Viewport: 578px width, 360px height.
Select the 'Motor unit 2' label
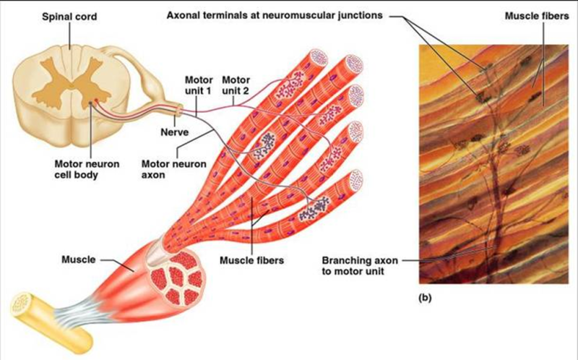click(236, 85)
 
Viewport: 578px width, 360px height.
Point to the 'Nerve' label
click(174, 132)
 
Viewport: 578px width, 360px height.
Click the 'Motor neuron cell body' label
click(81, 168)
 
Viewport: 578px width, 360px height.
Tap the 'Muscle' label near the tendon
click(79, 257)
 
